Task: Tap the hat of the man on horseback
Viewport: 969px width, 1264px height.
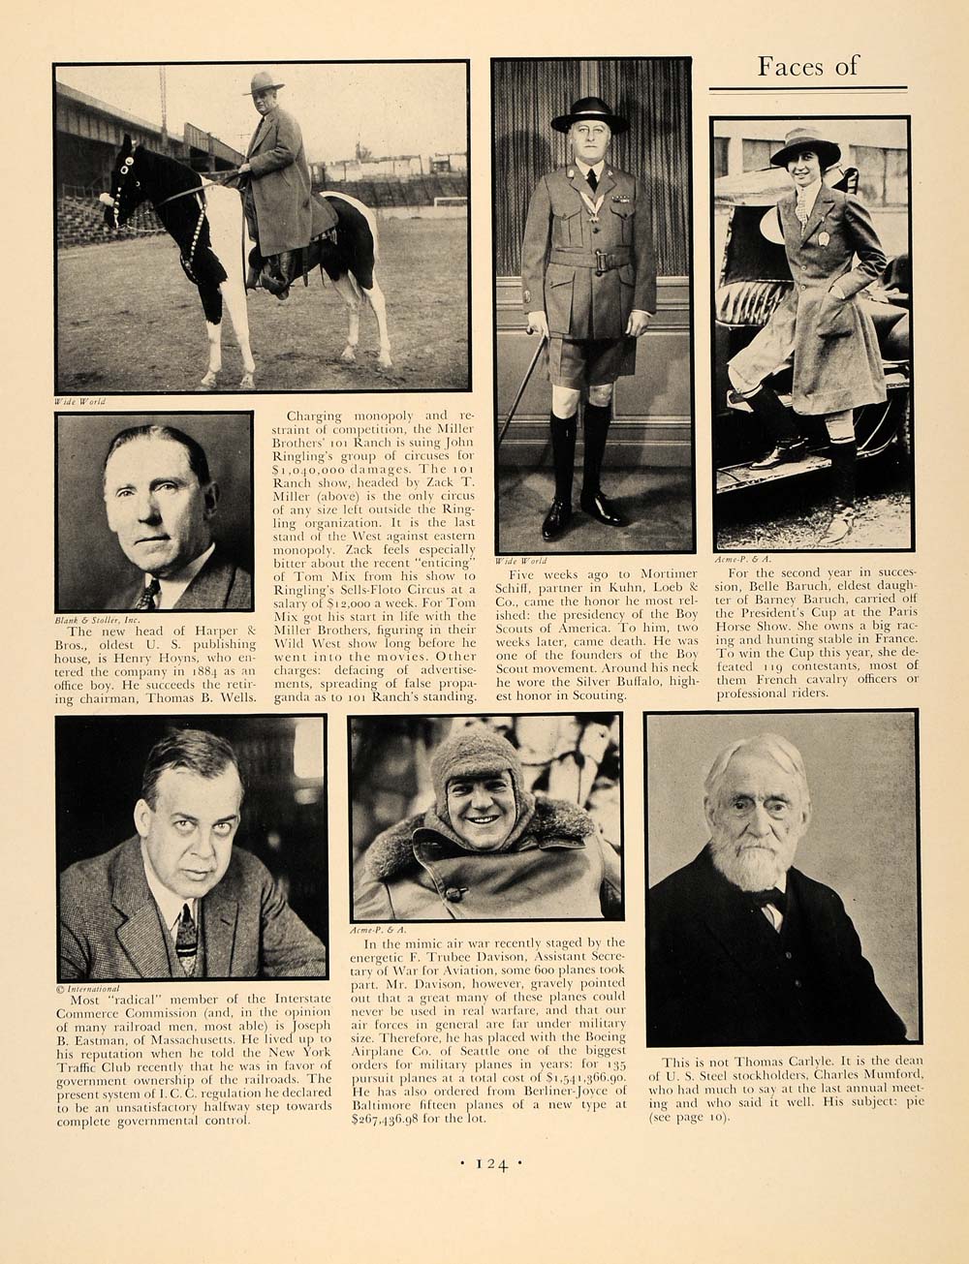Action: pos(264,82)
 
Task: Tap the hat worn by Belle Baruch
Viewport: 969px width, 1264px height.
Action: pos(804,147)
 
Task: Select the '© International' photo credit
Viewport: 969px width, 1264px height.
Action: pos(92,989)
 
